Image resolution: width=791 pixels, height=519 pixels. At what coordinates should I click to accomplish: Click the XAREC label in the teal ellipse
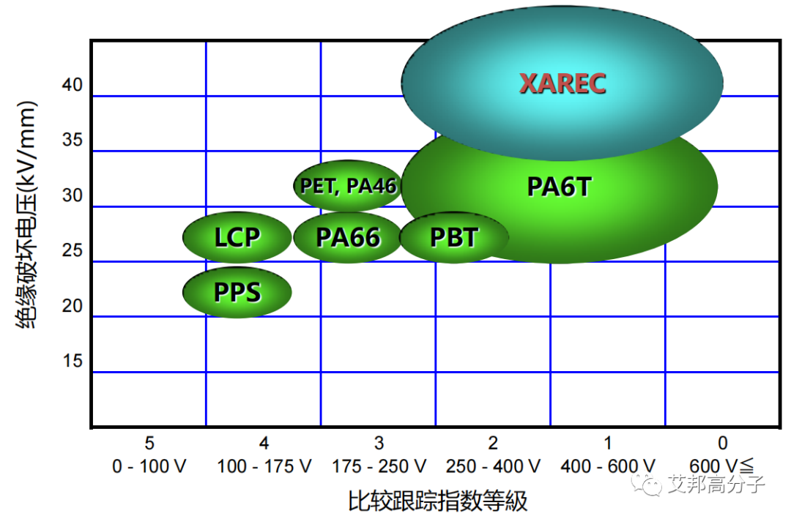pos(562,83)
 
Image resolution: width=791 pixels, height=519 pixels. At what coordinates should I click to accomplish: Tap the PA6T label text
pos(559,187)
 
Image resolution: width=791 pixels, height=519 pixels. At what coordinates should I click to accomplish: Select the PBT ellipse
pos(454,237)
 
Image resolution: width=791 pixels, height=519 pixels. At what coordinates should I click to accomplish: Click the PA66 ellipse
pos(348,237)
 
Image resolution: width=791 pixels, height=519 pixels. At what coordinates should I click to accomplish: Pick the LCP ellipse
pos(237,237)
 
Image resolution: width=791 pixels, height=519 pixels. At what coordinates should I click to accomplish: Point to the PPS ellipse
pos(237,292)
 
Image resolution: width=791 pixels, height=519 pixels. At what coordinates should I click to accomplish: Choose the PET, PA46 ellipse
pos(348,186)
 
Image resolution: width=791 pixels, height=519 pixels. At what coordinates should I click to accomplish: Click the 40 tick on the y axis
pos(72,85)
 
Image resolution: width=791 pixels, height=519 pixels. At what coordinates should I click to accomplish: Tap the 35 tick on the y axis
pos(72,140)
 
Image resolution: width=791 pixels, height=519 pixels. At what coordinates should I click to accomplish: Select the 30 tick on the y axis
pos(72,195)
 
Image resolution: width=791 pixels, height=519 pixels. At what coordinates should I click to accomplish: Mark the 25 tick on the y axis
pos(72,250)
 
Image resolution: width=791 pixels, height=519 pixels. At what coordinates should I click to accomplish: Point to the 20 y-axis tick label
pos(72,306)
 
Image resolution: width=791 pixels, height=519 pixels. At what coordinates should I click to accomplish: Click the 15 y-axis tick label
pos(72,361)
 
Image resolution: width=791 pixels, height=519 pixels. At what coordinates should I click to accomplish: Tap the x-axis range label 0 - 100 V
pos(149,466)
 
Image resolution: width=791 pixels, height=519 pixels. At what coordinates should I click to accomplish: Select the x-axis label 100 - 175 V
pos(264,466)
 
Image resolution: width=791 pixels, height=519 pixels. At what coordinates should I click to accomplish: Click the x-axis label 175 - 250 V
pos(379,466)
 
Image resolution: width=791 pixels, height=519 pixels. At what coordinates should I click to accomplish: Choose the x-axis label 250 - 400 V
pos(493,466)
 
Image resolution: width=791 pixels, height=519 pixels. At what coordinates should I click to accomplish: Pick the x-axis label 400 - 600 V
pos(608,466)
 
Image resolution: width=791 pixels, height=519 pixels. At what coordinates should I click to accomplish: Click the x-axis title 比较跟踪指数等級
pos(437,501)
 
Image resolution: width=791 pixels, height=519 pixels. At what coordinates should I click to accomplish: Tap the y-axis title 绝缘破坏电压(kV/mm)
pos(27,215)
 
